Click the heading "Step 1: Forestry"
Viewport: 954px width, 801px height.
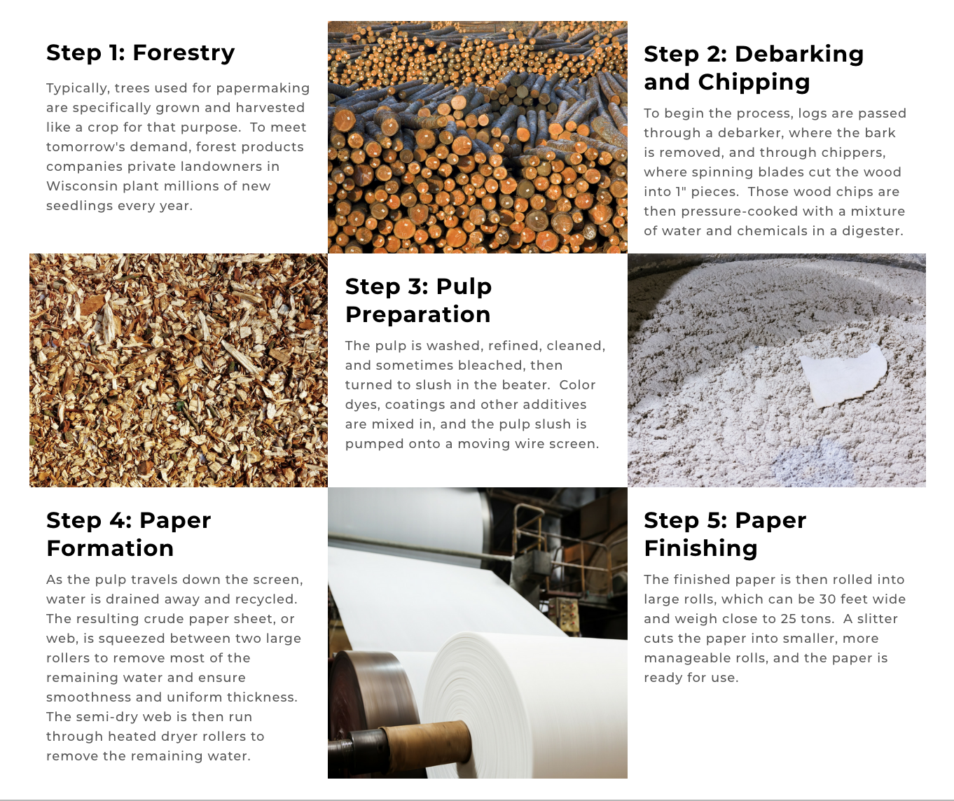pos(140,53)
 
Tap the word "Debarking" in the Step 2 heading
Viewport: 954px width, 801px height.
pos(799,55)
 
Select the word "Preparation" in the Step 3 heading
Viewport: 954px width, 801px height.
pos(417,314)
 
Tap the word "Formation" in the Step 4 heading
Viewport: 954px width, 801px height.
pos(110,548)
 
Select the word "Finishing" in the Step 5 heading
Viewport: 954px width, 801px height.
pos(700,548)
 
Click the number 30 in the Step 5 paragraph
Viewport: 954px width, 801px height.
pos(828,599)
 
